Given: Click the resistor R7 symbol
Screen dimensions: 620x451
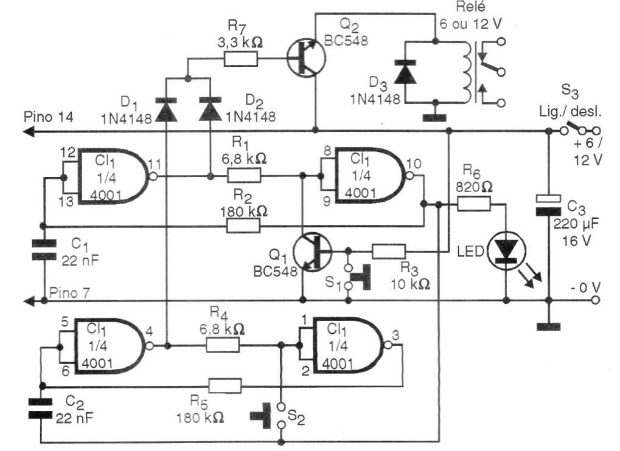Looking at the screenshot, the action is (241, 59).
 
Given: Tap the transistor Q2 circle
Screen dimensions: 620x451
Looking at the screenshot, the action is (306, 58).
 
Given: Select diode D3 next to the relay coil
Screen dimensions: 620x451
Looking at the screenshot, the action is (405, 73).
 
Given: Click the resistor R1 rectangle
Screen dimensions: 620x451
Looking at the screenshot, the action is (244, 175).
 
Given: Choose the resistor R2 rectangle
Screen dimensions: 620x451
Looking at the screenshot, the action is (243, 226).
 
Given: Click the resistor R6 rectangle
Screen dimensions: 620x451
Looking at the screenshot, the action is (474, 204).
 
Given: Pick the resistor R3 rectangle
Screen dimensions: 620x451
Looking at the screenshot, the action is (389, 251).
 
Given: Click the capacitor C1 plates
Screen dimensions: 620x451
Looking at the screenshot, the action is (44, 250).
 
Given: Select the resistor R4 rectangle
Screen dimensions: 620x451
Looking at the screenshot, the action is (223, 345).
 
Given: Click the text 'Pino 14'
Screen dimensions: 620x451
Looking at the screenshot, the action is (49, 117).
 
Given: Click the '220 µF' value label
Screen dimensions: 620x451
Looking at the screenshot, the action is (576, 224).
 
